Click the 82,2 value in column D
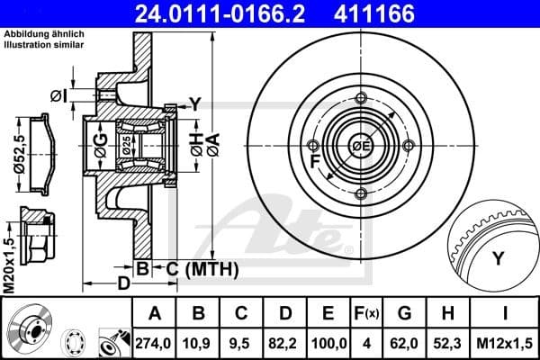click(x=285, y=343)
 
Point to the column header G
click(x=405, y=313)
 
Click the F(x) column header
click(x=366, y=313)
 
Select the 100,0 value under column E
click(x=328, y=343)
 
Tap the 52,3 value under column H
click(x=446, y=343)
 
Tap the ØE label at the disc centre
click(x=362, y=145)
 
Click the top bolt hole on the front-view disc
click(x=361, y=99)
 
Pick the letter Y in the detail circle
click(x=498, y=258)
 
